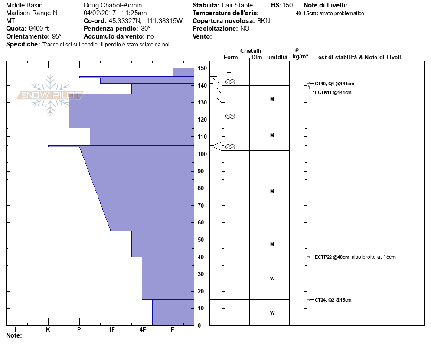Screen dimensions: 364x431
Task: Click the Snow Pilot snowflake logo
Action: [51, 95]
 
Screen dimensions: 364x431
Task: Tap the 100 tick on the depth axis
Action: [202, 154]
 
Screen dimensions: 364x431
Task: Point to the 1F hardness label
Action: [111, 330]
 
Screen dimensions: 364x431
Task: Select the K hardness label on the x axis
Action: [48, 330]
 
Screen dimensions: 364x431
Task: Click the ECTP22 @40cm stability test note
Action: [332, 257]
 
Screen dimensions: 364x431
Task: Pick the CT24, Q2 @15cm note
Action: [333, 300]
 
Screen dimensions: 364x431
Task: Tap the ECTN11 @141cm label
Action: [333, 92]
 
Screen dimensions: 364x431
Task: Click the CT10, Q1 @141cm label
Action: [331, 84]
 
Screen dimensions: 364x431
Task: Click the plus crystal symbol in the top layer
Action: [229, 73]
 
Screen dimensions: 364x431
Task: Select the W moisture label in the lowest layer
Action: [272, 313]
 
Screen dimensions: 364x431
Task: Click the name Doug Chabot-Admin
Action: [113, 5]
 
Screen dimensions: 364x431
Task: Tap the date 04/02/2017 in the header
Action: [99, 13]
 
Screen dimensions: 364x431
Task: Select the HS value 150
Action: [287, 5]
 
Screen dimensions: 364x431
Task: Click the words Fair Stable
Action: [237, 5]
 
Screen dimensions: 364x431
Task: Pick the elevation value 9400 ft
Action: [39, 29]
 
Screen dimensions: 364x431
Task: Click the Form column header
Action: [231, 57]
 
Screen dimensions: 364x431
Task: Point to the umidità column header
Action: [277, 57]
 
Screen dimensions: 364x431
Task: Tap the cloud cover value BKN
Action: [264, 21]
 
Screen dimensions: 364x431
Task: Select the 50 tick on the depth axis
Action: [202, 240]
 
